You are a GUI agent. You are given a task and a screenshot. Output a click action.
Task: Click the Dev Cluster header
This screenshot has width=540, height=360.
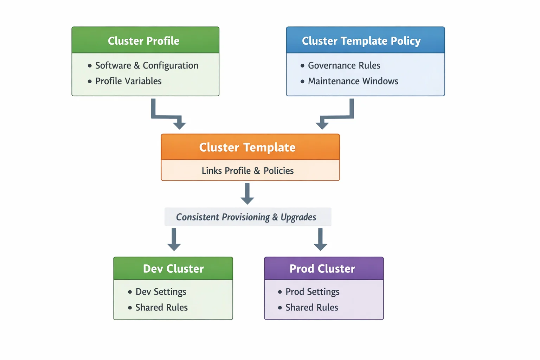[173, 269]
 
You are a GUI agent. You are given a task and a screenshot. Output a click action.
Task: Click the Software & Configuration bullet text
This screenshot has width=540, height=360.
[147, 66]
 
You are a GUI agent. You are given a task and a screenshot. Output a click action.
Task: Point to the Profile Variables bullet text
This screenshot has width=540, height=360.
[128, 81]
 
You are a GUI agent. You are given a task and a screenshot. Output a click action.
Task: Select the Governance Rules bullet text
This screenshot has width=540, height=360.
[344, 66]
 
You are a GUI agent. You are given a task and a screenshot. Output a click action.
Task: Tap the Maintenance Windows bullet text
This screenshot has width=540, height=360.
[353, 81]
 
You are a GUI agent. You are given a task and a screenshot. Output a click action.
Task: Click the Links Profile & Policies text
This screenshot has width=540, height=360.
[247, 171]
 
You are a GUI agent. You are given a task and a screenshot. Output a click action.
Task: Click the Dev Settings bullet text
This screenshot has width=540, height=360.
[161, 292]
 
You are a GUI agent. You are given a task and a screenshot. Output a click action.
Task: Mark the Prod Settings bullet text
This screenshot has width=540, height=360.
[312, 292]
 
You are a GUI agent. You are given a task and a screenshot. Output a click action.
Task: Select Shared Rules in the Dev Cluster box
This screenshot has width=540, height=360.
[161, 308]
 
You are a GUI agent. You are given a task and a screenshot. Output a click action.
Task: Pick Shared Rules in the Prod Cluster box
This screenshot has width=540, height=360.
[311, 308]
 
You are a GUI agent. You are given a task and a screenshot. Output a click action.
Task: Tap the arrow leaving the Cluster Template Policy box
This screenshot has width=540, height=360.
[336, 116]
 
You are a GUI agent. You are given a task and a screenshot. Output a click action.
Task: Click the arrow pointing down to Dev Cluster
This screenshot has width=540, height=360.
[174, 240]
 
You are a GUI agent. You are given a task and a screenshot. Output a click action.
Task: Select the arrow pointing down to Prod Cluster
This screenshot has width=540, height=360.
[320, 240]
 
